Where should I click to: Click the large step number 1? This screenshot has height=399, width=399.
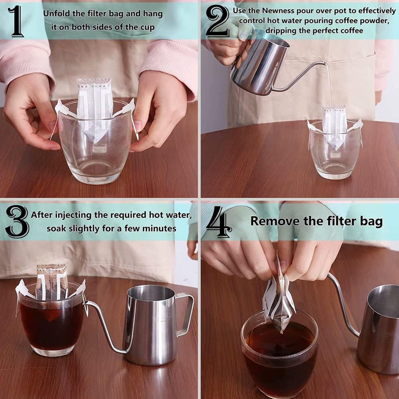[x=16, y=21]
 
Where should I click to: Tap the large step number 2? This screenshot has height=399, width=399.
[x=217, y=21]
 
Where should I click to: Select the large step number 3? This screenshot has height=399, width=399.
[x=17, y=221]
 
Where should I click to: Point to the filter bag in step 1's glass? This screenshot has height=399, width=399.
[x=95, y=109]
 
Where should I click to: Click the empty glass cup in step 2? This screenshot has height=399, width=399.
[x=335, y=150]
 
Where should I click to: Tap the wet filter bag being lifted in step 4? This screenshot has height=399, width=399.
[x=279, y=295]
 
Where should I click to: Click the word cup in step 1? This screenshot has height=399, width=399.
[x=147, y=28]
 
